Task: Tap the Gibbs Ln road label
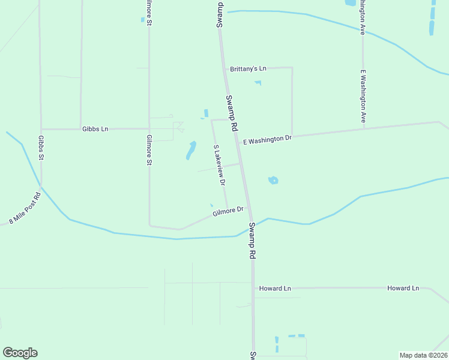point(95,129)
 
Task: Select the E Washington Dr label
point(267,139)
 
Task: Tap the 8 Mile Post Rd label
point(25,208)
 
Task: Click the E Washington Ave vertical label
point(363,97)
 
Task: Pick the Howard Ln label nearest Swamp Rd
point(275,289)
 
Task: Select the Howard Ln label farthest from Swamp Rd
point(403,289)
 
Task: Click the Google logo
point(20,353)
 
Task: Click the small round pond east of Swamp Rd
point(273,180)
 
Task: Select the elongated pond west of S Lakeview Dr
point(191,150)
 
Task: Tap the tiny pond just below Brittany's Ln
point(258,83)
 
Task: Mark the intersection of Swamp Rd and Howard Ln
point(253,289)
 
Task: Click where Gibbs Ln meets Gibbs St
point(41,129)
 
